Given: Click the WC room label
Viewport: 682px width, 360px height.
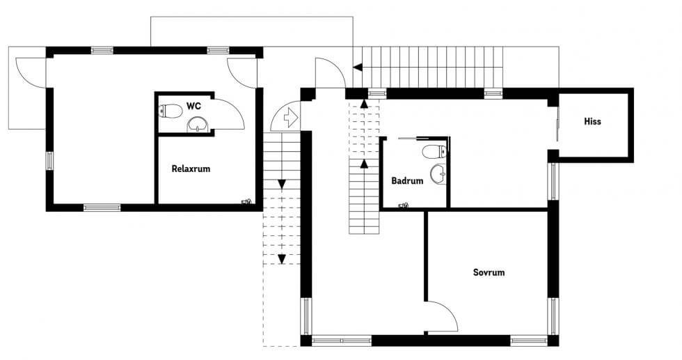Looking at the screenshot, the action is click(193, 106).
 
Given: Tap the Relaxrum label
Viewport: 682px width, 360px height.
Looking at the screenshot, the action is click(191, 169).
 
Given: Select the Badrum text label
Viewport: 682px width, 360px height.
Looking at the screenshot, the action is click(407, 180).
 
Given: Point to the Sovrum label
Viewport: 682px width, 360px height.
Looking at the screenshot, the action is click(489, 272).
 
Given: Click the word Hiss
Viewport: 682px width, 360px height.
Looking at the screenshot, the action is click(592, 121).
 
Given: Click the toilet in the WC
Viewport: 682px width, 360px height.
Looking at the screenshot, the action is click(170, 111).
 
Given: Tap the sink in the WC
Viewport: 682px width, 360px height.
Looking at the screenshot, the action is click(198, 125).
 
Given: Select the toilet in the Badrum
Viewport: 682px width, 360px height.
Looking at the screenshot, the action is click(434, 152).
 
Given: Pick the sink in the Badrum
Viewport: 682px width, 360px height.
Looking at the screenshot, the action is click(438, 174).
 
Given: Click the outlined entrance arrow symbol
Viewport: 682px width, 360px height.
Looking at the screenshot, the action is click(291, 118).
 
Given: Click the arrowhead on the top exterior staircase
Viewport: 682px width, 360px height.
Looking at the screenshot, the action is click(358, 68).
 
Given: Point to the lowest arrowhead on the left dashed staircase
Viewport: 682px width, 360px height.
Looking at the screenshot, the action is click(282, 259).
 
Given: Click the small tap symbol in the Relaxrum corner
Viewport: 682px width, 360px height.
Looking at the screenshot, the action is click(246, 201).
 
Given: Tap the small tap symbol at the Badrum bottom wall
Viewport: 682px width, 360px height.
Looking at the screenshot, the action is click(403, 205).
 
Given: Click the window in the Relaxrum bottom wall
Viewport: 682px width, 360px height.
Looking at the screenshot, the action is click(102, 208).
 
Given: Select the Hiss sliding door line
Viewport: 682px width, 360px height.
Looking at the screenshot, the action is click(557, 124).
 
